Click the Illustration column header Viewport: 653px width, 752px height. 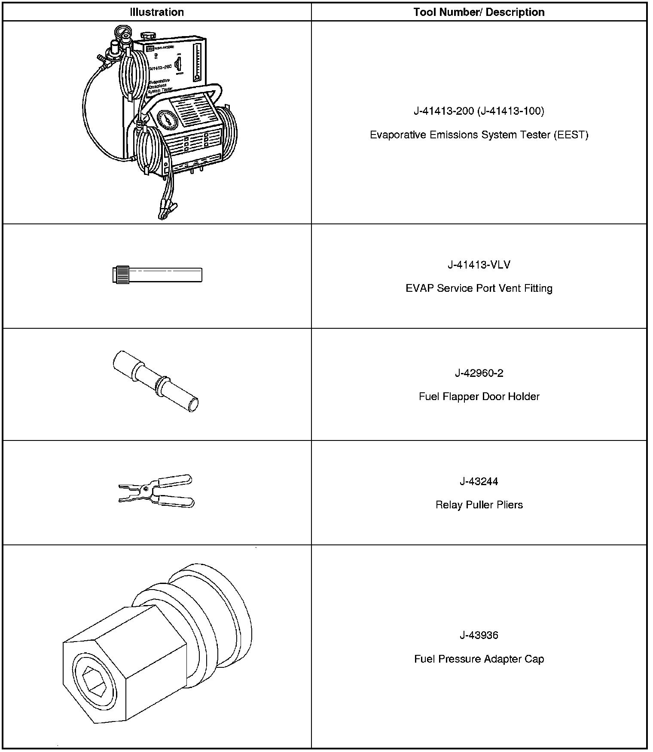[157, 12]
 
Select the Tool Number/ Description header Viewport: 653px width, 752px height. [479, 12]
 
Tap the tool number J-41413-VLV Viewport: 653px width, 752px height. [479, 265]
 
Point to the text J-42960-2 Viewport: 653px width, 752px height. [479, 373]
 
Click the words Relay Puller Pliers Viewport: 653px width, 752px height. [479, 504]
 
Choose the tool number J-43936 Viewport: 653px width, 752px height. [479, 635]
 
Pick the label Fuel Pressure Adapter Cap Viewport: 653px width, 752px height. [479, 659]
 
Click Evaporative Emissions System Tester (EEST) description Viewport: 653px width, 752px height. [479, 135]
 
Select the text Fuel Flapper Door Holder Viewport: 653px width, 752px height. [479, 396]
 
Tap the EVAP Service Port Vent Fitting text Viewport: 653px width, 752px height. [479, 288]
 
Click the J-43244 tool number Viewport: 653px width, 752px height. [479, 481]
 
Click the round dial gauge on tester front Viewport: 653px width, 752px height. [167, 122]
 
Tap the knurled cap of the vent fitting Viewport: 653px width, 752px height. [120, 275]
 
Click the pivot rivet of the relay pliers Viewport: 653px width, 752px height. [146, 489]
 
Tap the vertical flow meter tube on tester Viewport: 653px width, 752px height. [197, 62]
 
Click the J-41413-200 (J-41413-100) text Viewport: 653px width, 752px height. [479, 111]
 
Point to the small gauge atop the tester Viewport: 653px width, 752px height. [120, 32]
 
